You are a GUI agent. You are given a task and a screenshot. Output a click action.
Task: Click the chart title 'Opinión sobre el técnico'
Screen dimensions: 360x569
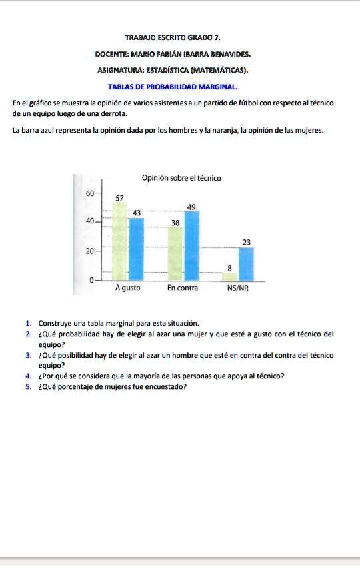click(181, 178)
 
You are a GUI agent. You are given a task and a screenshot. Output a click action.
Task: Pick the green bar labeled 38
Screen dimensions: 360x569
click(175, 254)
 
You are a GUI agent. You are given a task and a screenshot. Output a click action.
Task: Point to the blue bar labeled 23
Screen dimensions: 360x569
click(246, 264)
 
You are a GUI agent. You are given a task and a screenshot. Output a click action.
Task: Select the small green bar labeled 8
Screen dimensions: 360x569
click(229, 276)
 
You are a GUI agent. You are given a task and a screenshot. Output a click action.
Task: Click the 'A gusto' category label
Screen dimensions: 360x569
click(127, 289)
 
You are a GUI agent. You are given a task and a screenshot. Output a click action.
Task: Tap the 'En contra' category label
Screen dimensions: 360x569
click(183, 289)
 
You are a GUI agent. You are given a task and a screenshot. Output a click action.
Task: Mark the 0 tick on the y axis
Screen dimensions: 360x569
click(91, 280)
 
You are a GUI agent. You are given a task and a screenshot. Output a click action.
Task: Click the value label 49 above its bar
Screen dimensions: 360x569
click(191, 207)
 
